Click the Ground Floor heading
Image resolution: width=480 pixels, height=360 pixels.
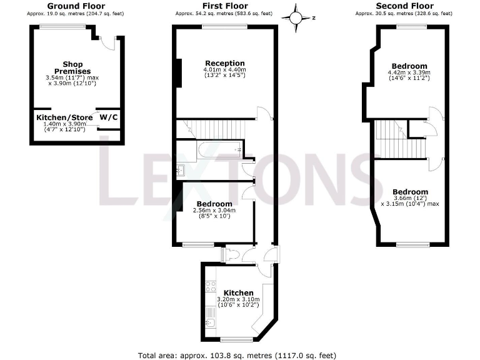click(x=76, y=6)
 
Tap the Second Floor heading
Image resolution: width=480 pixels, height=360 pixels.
click(x=404, y=6)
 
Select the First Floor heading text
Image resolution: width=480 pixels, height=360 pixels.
click(x=223, y=6)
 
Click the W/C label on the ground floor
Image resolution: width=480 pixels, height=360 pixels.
click(x=108, y=117)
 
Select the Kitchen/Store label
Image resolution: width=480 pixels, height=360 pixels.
click(x=64, y=117)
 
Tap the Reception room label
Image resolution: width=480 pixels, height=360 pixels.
click(x=225, y=63)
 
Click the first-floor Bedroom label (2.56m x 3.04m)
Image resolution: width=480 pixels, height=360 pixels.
click(x=214, y=204)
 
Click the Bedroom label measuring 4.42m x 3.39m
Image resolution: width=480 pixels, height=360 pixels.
click(x=409, y=66)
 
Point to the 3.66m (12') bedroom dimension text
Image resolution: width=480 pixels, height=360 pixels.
click(x=410, y=199)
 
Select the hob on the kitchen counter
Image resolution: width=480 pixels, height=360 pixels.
click(x=211, y=287)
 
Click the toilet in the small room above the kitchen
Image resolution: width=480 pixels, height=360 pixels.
click(x=229, y=254)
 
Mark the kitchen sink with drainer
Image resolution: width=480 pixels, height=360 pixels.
click(x=211, y=317)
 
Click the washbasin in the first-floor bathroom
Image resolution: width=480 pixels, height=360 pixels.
click(x=181, y=168)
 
